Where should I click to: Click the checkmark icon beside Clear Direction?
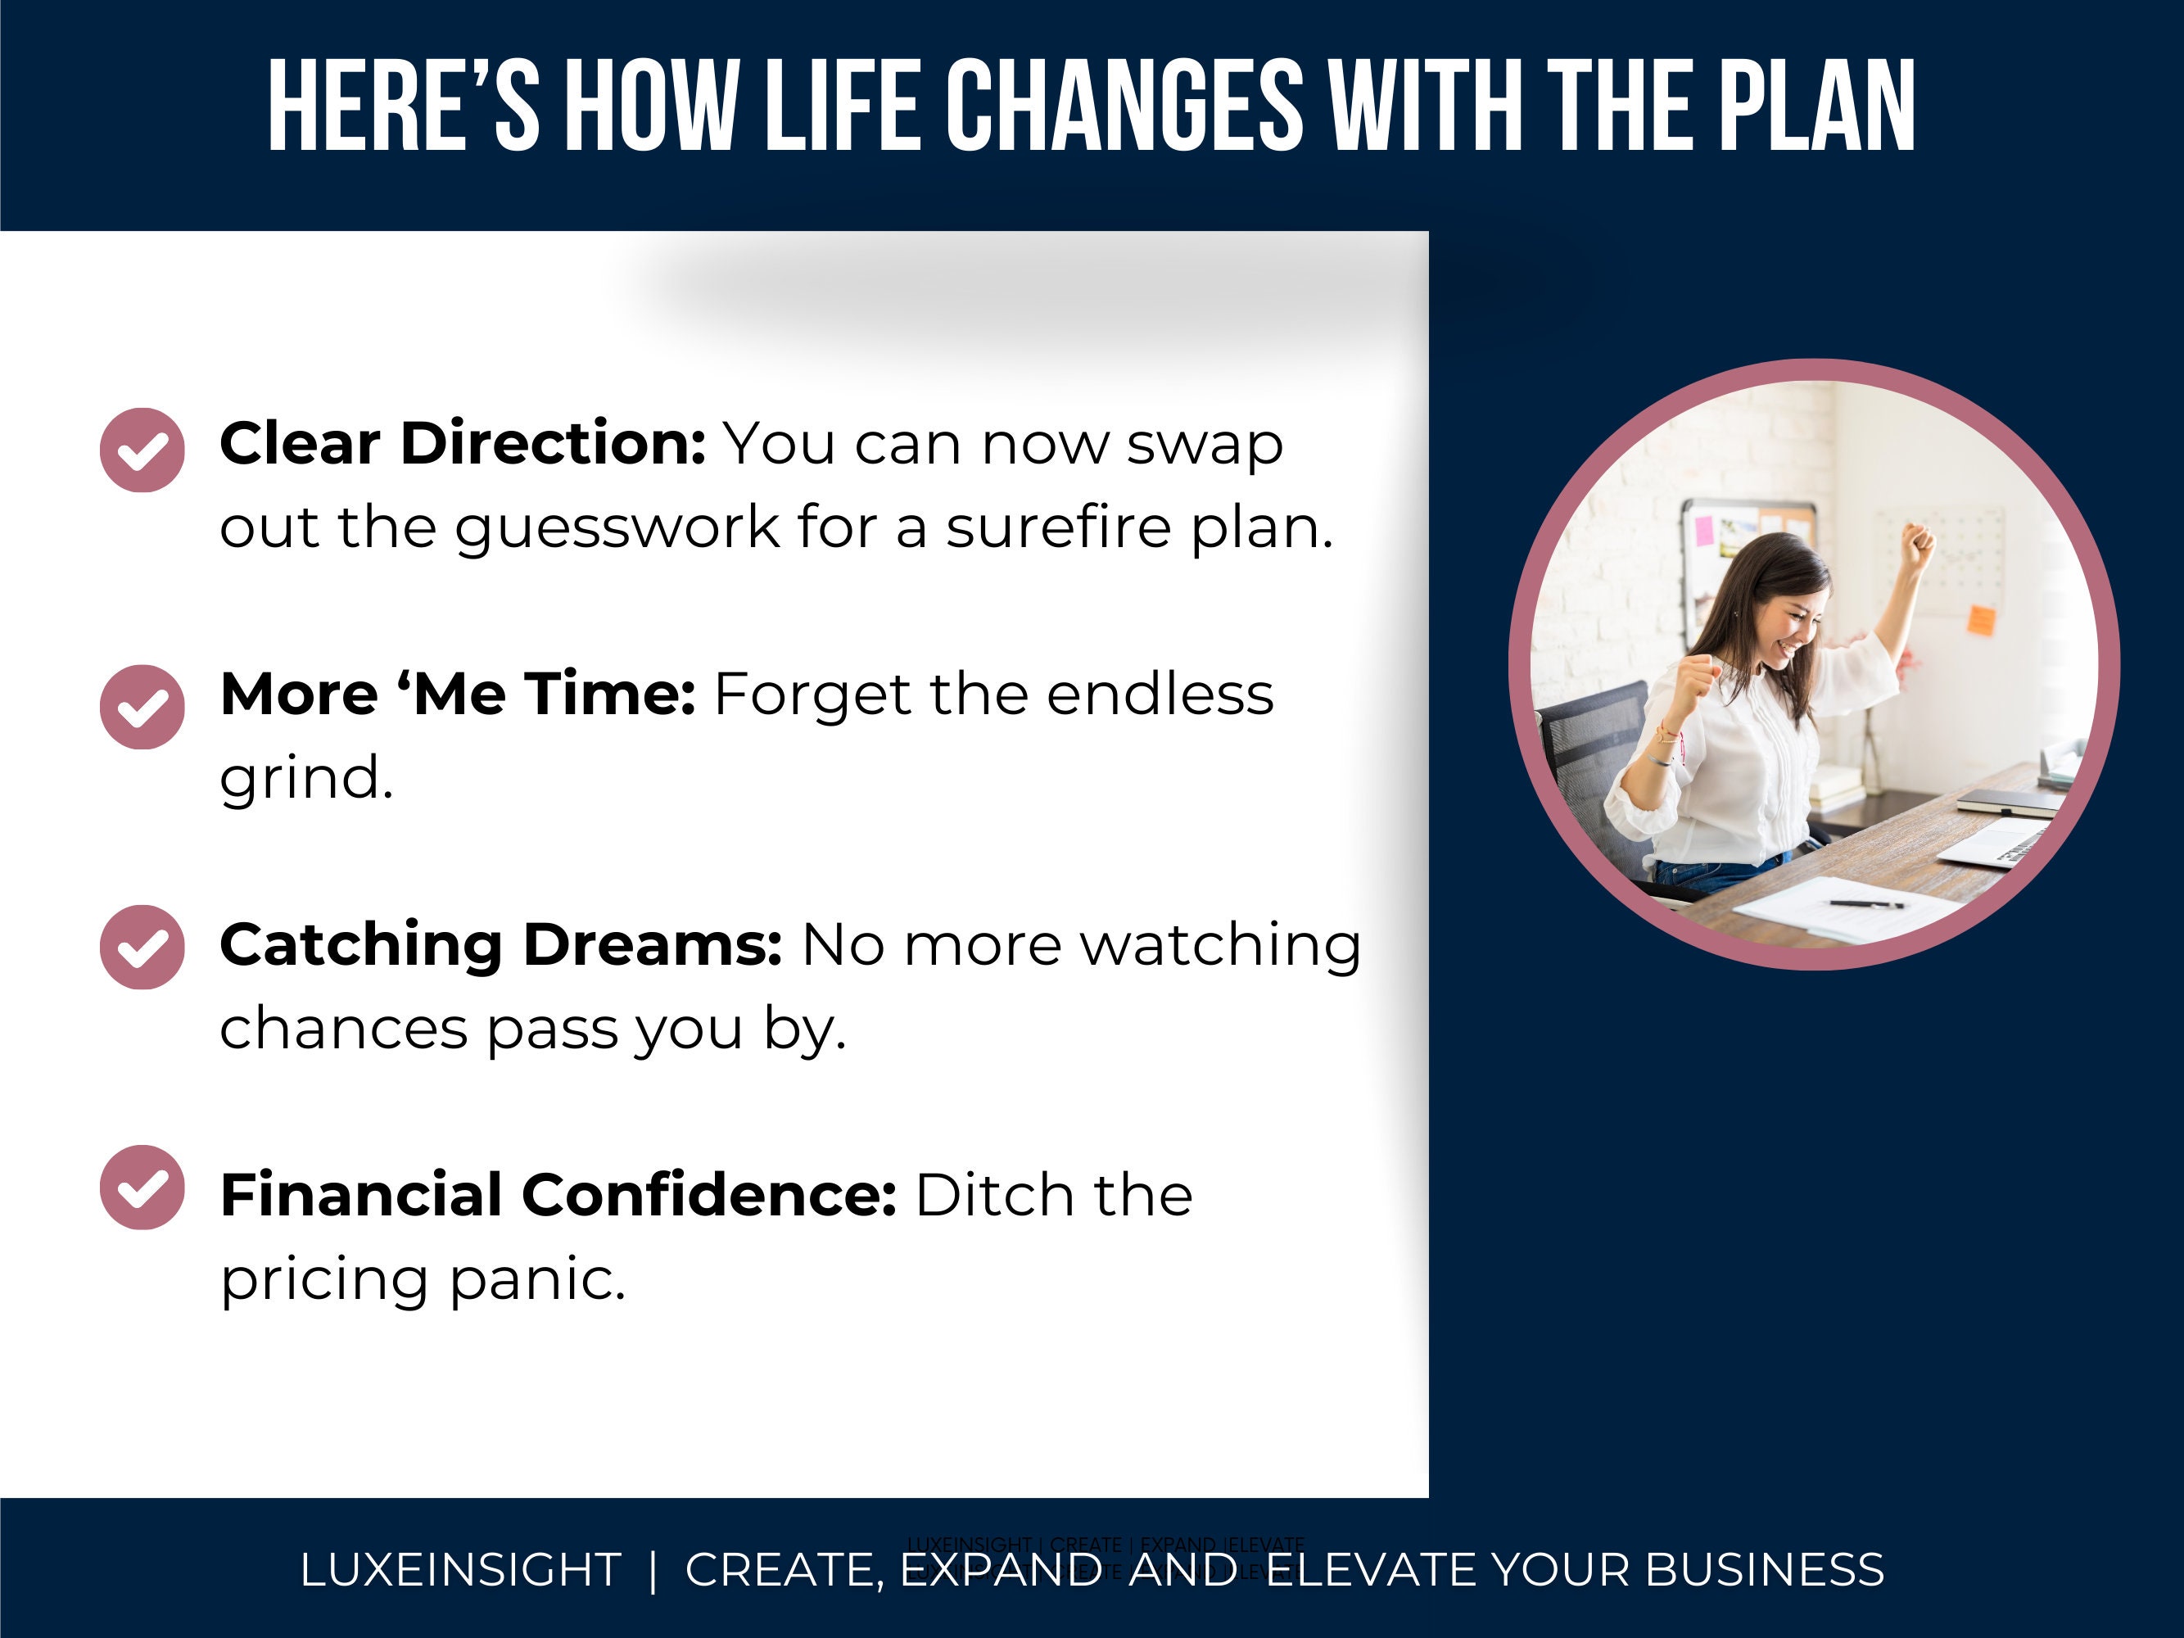click(x=142, y=450)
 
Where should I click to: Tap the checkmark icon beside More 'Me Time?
click(x=142, y=707)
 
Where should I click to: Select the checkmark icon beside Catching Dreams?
click(x=142, y=947)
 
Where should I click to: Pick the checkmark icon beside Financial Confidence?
click(x=142, y=1187)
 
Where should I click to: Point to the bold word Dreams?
click(x=652, y=945)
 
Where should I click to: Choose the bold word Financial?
click(x=361, y=1195)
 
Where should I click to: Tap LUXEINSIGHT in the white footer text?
click(x=460, y=1570)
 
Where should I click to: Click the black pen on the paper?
click(x=1865, y=903)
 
